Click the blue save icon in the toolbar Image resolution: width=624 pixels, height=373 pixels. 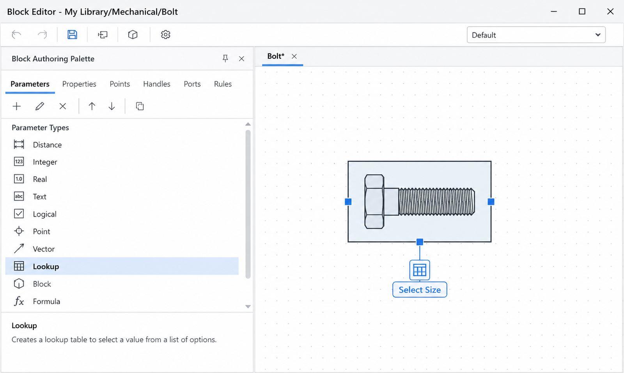coord(72,35)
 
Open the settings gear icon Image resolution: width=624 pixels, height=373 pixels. coord(165,35)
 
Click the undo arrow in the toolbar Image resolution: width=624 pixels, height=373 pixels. coord(16,35)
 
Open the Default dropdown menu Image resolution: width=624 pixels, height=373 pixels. coord(536,35)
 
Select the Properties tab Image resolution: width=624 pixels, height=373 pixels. coord(79,84)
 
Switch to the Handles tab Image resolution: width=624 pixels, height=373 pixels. coord(156,84)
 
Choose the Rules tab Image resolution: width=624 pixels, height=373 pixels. coord(223,84)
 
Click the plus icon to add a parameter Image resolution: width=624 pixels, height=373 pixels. coord(17,106)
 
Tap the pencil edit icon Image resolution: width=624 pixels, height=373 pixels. coord(39,106)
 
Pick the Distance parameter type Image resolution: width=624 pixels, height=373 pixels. coord(47,145)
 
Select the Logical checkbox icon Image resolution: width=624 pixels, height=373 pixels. coord(19,214)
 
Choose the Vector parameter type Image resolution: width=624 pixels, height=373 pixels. coord(43,249)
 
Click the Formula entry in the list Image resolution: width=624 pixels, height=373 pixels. coord(46,301)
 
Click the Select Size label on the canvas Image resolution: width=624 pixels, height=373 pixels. coord(420,290)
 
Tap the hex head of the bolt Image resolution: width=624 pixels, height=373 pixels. coord(374,202)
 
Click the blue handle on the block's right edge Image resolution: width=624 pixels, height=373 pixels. coord(491,202)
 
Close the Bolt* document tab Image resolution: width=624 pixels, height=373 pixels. coord(294,56)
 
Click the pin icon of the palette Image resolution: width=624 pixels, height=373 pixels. coord(225,58)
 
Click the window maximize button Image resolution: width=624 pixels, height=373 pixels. coord(582,11)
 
